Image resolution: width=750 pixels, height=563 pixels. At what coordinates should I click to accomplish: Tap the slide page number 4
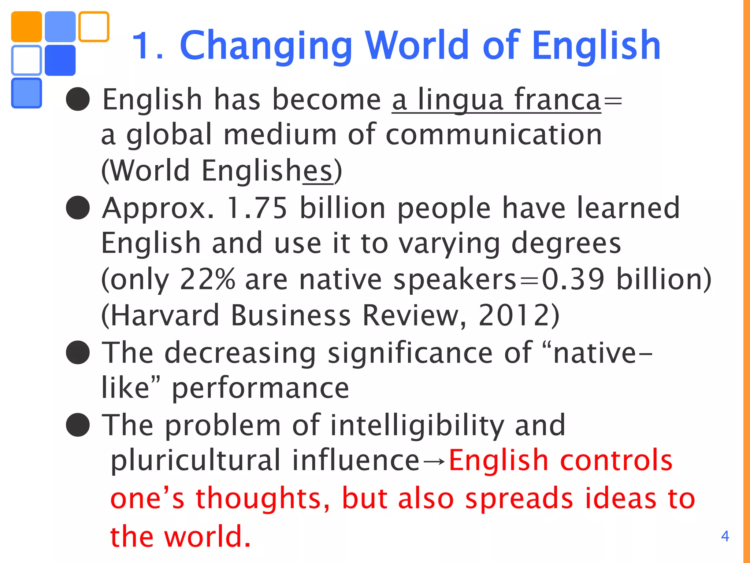click(x=725, y=536)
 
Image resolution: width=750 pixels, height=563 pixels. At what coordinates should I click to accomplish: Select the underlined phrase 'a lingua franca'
click(x=496, y=100)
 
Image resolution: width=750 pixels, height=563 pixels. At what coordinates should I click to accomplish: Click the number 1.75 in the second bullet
click(x=257, y=208)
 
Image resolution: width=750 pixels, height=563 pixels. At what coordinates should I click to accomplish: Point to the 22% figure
click(x=207, y=279)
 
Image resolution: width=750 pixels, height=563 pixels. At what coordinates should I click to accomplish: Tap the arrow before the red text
click(x=434, y=461)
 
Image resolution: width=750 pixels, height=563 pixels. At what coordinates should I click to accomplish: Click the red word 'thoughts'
click(x=263, y=498)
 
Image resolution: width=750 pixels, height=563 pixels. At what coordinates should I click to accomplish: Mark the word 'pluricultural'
click(x=195, y=460)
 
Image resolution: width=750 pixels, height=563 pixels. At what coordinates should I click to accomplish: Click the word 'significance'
click(x=410, y=353)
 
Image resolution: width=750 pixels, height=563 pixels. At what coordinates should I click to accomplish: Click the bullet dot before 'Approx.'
click(x=78, y=207)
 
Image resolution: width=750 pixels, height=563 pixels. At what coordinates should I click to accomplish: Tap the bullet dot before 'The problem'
click(x=78, y=425)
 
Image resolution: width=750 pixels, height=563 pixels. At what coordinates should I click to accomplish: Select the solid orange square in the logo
click(x=26, y=26)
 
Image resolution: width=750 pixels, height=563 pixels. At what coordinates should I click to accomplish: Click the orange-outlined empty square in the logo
click(x=94, y=26)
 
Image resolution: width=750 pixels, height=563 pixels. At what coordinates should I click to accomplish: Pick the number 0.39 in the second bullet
click(x=573, y=279)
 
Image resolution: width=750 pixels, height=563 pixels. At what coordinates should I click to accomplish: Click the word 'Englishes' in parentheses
click(x=267, y=171)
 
